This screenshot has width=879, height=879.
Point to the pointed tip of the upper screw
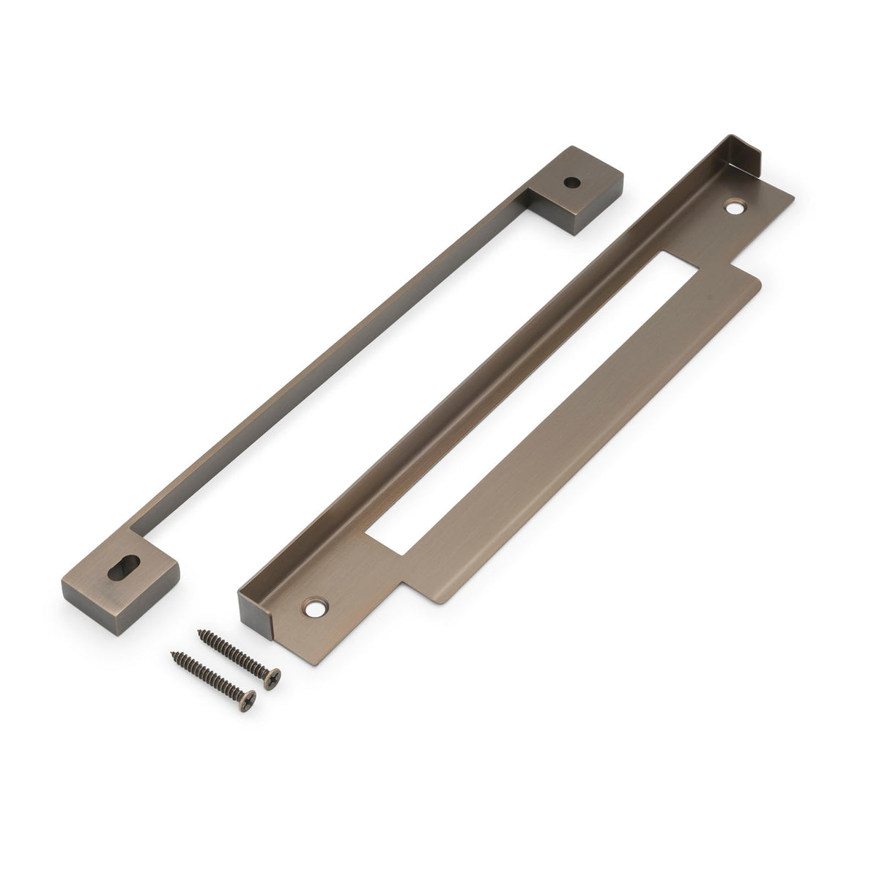(x=199, y=628)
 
